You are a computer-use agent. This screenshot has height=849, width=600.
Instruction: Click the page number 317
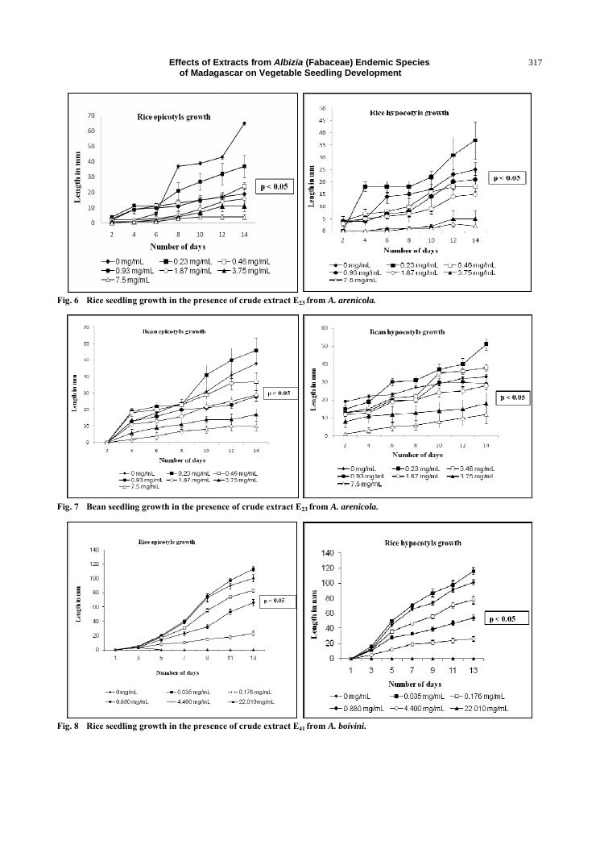pos(536,62)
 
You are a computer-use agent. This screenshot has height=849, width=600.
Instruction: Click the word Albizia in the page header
pos(291,62)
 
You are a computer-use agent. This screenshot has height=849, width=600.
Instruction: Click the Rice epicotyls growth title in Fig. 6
pos(173,117)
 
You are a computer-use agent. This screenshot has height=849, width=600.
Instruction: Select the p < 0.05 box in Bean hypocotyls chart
pos(514,397)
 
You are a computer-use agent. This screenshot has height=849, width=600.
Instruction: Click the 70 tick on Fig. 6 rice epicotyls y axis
pos(90,115)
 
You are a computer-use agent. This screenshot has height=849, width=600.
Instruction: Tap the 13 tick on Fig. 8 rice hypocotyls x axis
pos(474,671)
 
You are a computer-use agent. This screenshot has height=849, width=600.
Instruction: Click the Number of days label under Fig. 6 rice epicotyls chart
pos(177,246)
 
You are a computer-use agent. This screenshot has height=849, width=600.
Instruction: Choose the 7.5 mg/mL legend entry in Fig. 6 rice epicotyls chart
pos(122,281)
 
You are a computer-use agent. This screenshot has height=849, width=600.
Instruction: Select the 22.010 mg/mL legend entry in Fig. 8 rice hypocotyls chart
pos(475,707)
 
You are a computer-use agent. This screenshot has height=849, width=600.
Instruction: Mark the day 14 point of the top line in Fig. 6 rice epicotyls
pos(244,123)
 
